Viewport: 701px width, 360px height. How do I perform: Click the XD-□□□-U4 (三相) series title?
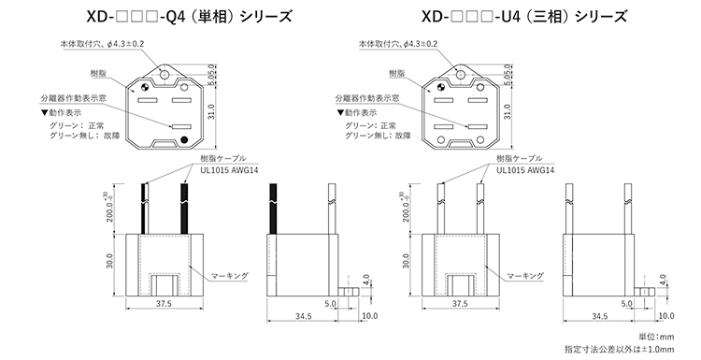click(x=509, y=17)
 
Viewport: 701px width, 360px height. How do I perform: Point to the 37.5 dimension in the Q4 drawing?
click(x=164, y=304)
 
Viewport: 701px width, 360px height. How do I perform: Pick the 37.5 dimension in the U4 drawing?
click(x=459, y=304)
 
